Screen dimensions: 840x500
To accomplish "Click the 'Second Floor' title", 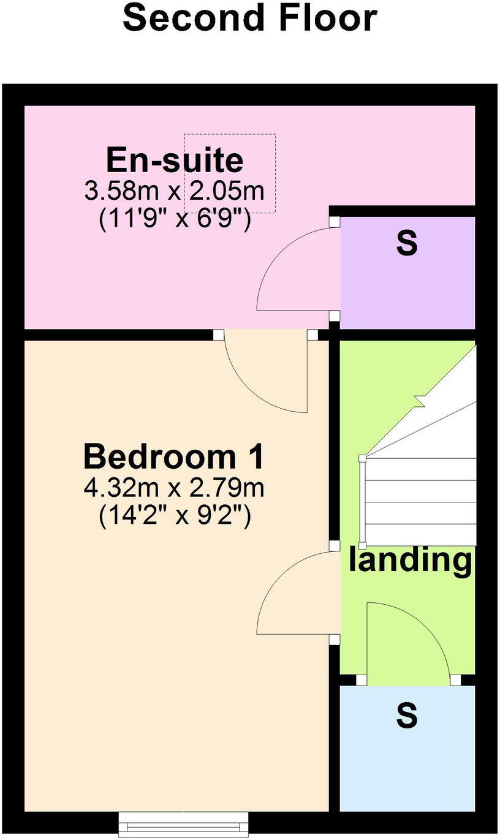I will pyautogui.click(x=249, y=18).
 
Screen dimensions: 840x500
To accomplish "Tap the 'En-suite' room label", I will pyautogui.click(x=175, y=161).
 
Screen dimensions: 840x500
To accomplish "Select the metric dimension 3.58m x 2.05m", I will pyautogui.click(x=175, y=191).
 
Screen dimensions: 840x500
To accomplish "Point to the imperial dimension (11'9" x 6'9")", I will pyautogui.click(x=175, y=219).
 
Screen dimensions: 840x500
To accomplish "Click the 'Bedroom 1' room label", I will pyautogui.click(x=175, y=457).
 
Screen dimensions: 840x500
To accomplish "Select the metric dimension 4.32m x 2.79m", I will pyautogui.click(x=175, y=488).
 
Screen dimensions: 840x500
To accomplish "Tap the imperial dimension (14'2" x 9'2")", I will pyautogui.click(x=175, y=516).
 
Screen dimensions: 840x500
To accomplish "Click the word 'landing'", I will pyautogui.click(x=411, y=560).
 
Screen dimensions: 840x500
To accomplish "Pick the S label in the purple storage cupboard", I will pyautogui.click(x=407, y=243).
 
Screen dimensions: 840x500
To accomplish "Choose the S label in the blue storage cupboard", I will pyautogui.click(x=407, y=715).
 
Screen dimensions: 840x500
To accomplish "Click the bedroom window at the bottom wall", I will pyautogui.click(x=184, y=824).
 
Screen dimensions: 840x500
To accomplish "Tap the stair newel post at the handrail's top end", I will pyautogui.click(x=363, y=458).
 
